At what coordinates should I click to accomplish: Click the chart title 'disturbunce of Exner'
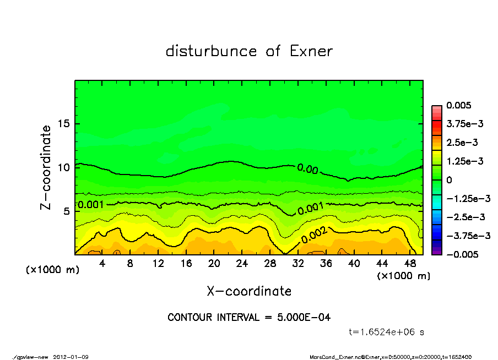[249, 51]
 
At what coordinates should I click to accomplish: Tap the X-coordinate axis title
[249, 291]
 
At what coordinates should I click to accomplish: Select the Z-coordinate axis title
[46, 167]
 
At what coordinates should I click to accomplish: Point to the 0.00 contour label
[307, 169]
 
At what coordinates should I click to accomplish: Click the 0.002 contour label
[315, 235]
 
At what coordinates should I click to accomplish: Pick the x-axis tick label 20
[214, 264]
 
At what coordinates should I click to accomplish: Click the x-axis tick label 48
[410, 264]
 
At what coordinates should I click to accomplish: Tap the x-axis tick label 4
[102, 264]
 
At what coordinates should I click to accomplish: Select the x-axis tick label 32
[298, 264]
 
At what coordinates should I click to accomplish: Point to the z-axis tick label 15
[64, 123]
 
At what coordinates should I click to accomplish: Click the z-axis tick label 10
[64, 167]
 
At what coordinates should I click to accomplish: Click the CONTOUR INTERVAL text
[249, 318]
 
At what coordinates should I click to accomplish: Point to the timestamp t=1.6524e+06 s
[386, 332]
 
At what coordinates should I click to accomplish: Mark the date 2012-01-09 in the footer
[71, 357]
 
